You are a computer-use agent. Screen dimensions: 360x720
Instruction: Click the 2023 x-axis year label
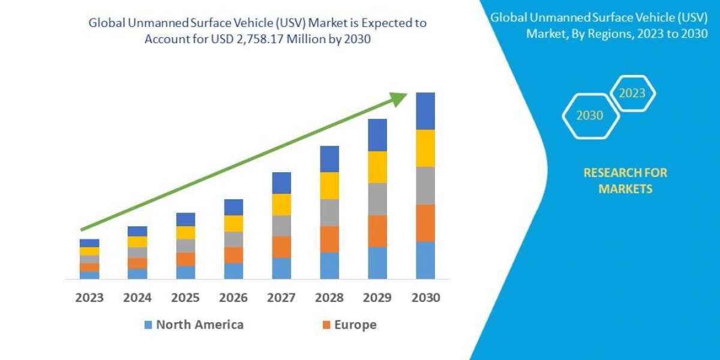pyautogui.click(x=89, y=298)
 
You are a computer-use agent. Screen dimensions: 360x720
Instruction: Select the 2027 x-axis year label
pyautogui.click(x=281, y=298)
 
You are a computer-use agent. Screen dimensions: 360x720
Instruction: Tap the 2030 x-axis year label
pyautogui.click(x=425, y=298)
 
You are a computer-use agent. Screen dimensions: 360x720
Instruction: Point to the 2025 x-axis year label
pyautogui.click(x=185, y=298)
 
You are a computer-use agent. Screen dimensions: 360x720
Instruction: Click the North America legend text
pyautogui.click(x=200, y=325)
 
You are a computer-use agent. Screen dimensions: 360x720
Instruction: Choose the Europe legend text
pyautogui.click(x=356, y=325)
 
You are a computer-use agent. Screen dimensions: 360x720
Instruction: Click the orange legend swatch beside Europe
pyautogui.click(x=326, y=325)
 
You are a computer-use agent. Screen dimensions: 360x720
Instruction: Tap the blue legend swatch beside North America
pyautogui.click(x=148, y=325)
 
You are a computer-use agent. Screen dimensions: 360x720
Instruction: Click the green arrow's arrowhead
pyautogui.click(x=398, y=98)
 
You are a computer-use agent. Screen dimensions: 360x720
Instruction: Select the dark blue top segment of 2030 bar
pyautogui.click(x=425, y=111)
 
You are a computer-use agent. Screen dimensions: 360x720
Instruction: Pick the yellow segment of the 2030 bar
pyautogui.click(x=425, y=148)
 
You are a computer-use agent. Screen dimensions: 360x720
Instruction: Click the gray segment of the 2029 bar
pyautogui.click(x=377, y=199)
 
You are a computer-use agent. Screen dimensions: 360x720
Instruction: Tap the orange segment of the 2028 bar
pyautogui.click(x=329, y=239)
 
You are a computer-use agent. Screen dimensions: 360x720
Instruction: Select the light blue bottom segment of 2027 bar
pyautogui.click(x=281, y=268)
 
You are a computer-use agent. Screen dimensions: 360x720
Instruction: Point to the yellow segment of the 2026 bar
pyautogui.click(x=233, y=223)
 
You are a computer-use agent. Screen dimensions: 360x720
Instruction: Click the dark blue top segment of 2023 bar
pyautogui.click(x=89, y=243)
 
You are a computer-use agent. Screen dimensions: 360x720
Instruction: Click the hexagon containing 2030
pyautogui.click(x=590, y=116)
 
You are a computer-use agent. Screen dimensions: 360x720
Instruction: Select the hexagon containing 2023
pyautogui.click(x=632, y=94)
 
